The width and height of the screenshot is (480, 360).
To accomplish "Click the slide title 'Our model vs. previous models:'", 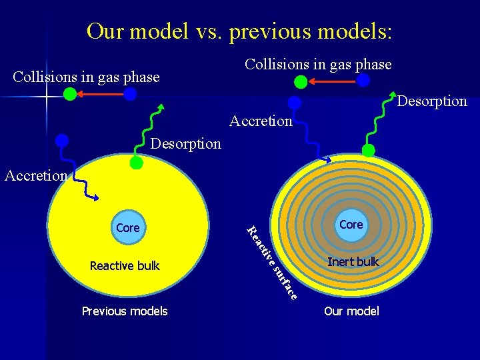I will point(239,31).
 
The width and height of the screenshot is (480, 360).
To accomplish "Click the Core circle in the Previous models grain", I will point(127,227).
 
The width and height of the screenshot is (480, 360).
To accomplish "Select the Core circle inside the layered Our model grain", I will point(351,225).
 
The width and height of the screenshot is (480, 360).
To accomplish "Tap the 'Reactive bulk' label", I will point(125,266).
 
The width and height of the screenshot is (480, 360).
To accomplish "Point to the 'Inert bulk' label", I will point(353,262).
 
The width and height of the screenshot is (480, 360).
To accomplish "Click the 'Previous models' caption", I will point(125,311).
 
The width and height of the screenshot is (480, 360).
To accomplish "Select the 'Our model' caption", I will point(351,311).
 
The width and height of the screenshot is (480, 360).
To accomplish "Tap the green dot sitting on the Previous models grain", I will point(136,162).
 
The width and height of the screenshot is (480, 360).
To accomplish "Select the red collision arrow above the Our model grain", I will point(332,81).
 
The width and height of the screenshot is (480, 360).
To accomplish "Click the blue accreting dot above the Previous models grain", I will point(62,141).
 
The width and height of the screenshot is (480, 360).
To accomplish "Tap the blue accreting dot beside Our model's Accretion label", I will point(294,103).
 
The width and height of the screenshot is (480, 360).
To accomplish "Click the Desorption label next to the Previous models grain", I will point(185,143).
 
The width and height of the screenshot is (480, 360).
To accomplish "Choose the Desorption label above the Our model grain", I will point(432,101).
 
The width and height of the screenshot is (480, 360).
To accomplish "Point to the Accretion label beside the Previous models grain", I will point(35,175).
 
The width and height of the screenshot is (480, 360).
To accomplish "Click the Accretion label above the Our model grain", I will point(261,121).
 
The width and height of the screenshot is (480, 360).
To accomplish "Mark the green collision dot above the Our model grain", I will point(301,81).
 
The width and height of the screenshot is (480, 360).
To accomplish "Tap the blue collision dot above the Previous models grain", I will point(131,95).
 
